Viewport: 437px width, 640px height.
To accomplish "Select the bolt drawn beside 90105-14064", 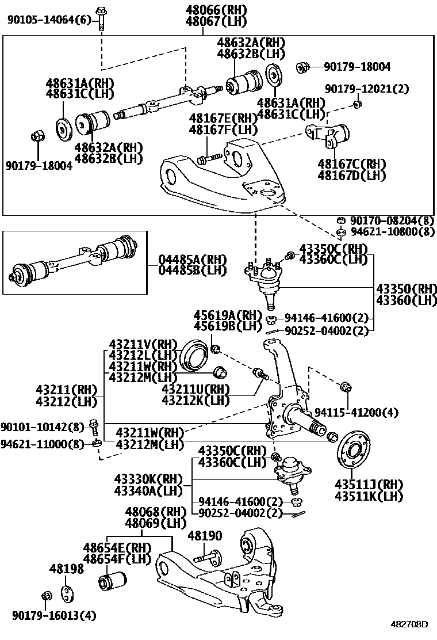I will click(101, 17).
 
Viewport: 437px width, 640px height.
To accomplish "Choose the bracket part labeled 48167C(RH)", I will click(331, 138).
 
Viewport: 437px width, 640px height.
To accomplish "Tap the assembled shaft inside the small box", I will click(75, 260).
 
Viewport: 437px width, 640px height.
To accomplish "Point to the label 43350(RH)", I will click(406, 288).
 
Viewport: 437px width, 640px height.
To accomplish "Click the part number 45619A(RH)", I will click(228, 315).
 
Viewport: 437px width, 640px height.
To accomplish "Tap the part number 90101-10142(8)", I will click(42, 426).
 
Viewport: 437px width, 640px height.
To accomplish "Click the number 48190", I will click(205, 536).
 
